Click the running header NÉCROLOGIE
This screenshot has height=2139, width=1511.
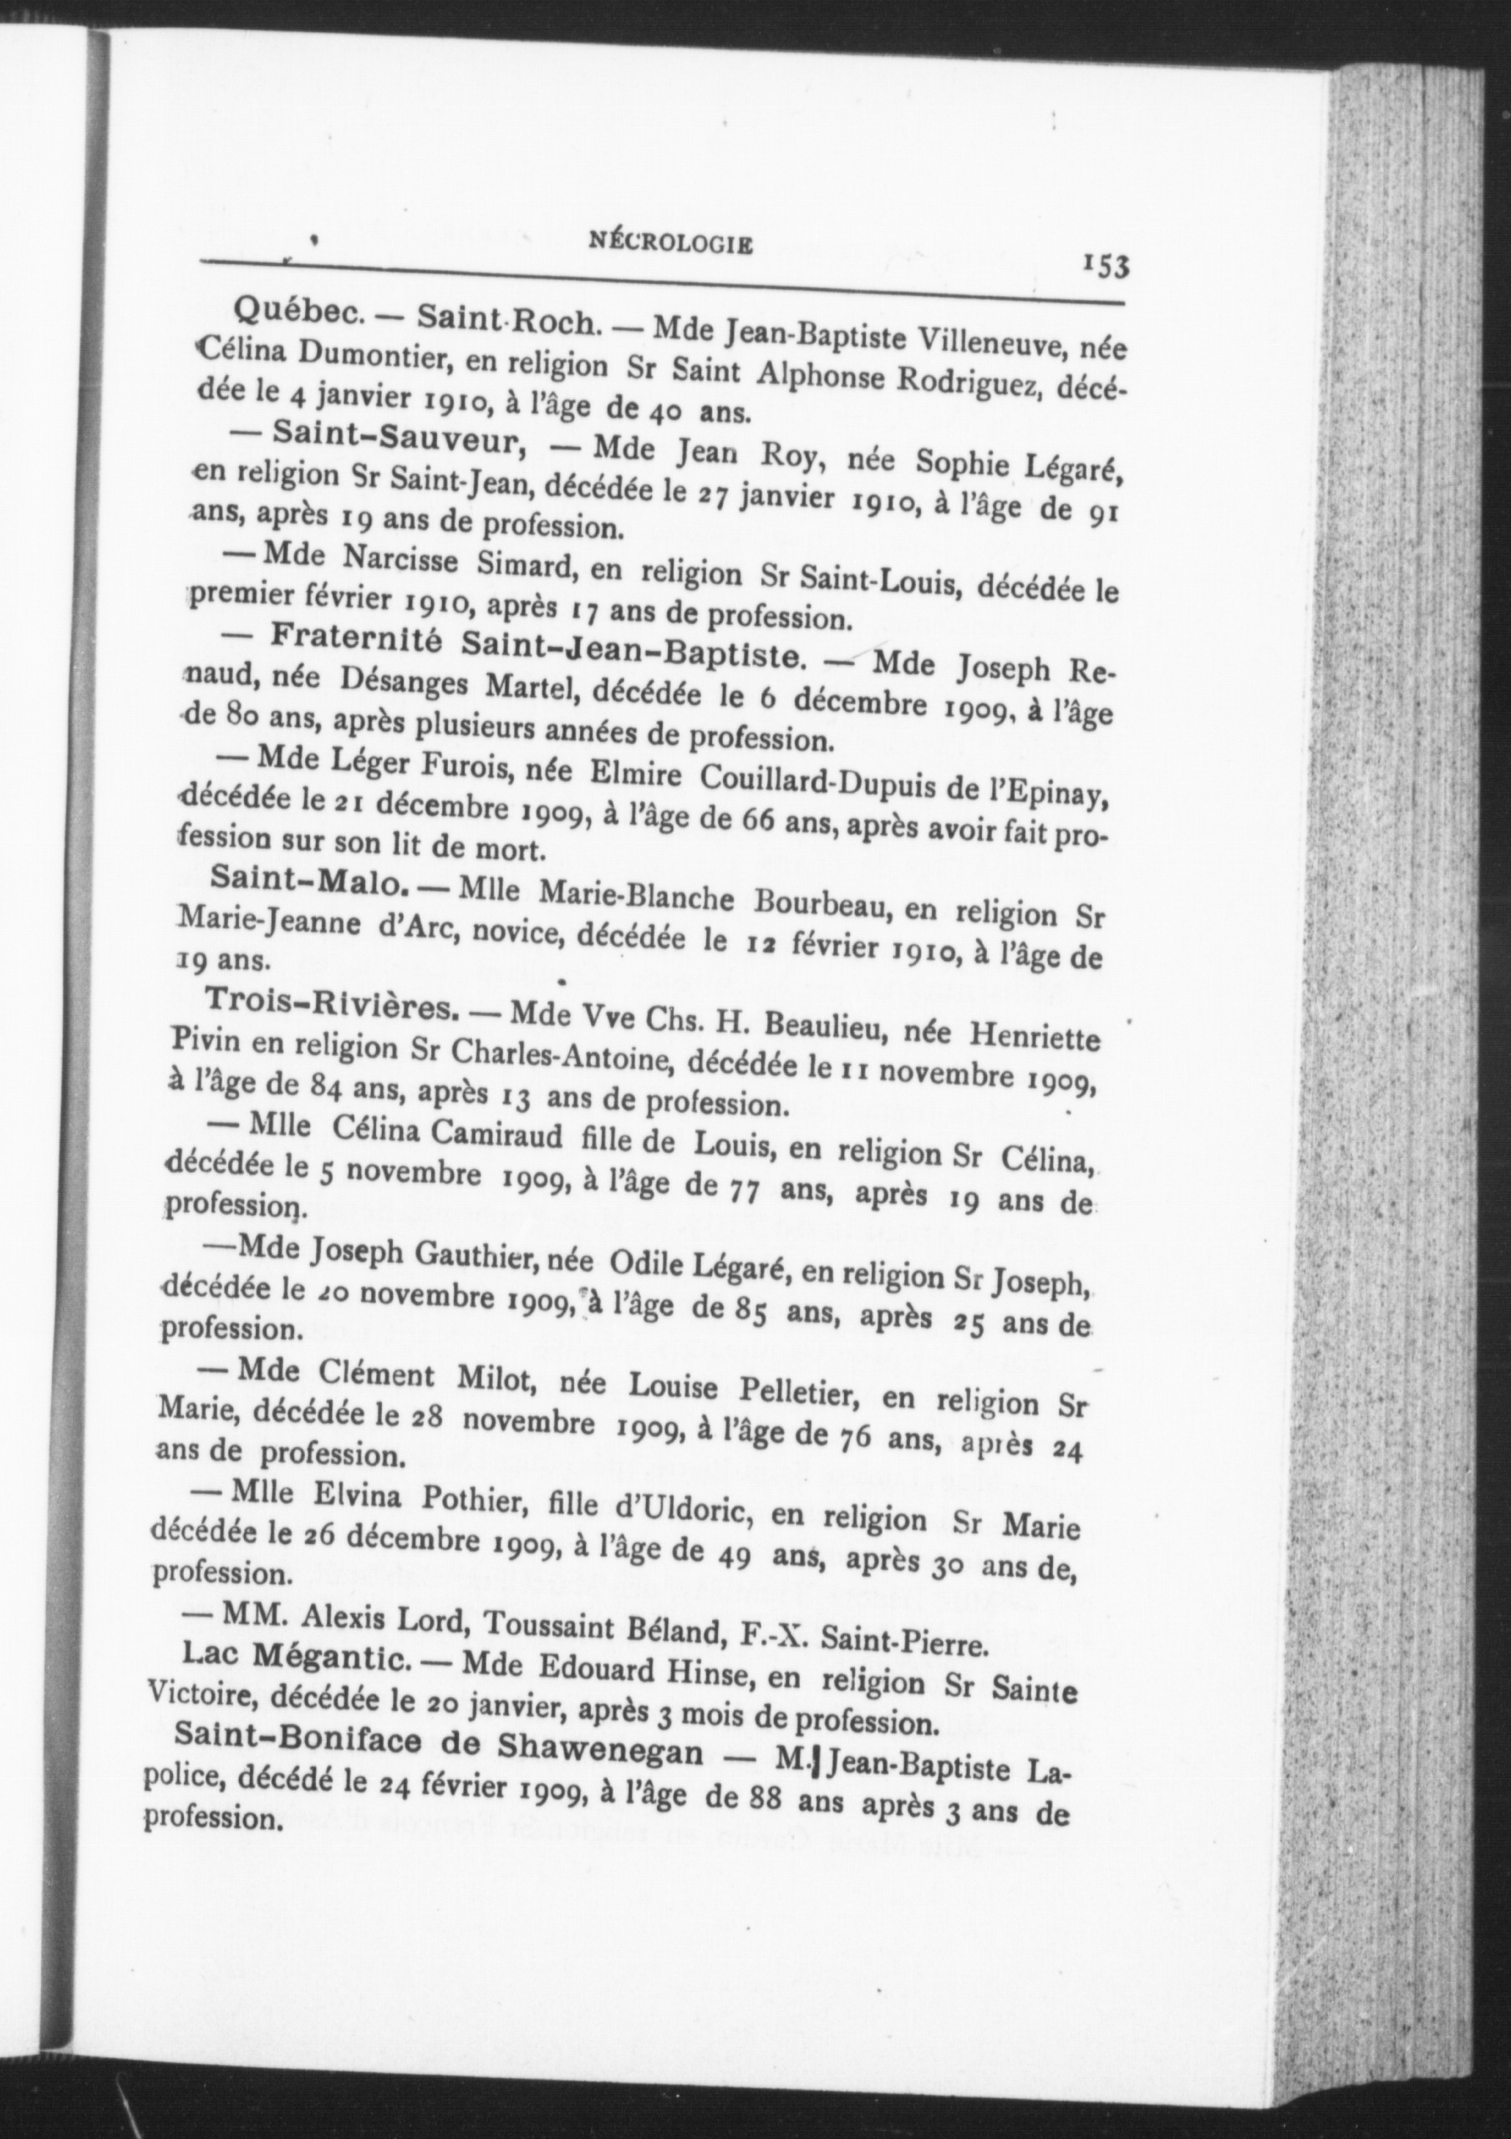[671, 245]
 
